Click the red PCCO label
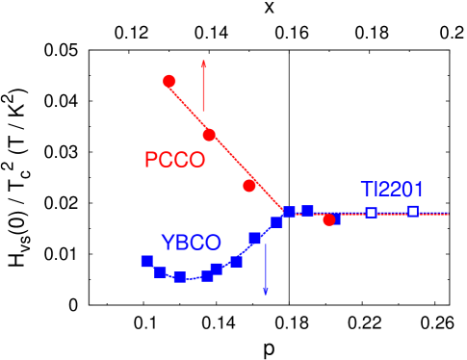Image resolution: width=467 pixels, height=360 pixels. [x=174, y=161]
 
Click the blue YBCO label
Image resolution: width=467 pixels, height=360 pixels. [x=191, y=243]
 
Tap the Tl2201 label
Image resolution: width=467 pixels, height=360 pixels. [x=392, y=190]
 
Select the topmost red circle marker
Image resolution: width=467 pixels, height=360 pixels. [x=169, y=81]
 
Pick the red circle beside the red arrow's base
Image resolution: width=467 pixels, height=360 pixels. [x=209, y=135]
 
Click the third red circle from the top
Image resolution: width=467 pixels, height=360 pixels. [x=249, y=186]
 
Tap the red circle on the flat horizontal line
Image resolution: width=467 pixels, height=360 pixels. [x=329, y=220]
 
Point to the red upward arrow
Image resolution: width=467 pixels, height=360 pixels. [x=204, y=85]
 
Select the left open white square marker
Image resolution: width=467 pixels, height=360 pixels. [x=371, y=213]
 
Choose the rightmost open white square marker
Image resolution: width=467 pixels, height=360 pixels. [x=413, y=211]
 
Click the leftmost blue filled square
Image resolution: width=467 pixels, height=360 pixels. [x=146, y=261]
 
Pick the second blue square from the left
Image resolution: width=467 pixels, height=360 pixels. [x=160, y=272]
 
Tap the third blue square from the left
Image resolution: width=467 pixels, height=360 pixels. [x=179, y=277]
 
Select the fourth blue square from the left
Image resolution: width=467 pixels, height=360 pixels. [x=206, y=275]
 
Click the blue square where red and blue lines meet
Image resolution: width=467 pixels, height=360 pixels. [x=289, y=212]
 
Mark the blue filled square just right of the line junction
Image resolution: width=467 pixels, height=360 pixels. [x=307, y=211]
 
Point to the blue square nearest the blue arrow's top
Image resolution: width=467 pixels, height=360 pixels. [x=255, y=239]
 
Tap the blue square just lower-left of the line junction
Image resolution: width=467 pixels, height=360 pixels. [x=276, y=223]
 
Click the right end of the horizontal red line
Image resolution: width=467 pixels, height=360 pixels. [x=448, y=213]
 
